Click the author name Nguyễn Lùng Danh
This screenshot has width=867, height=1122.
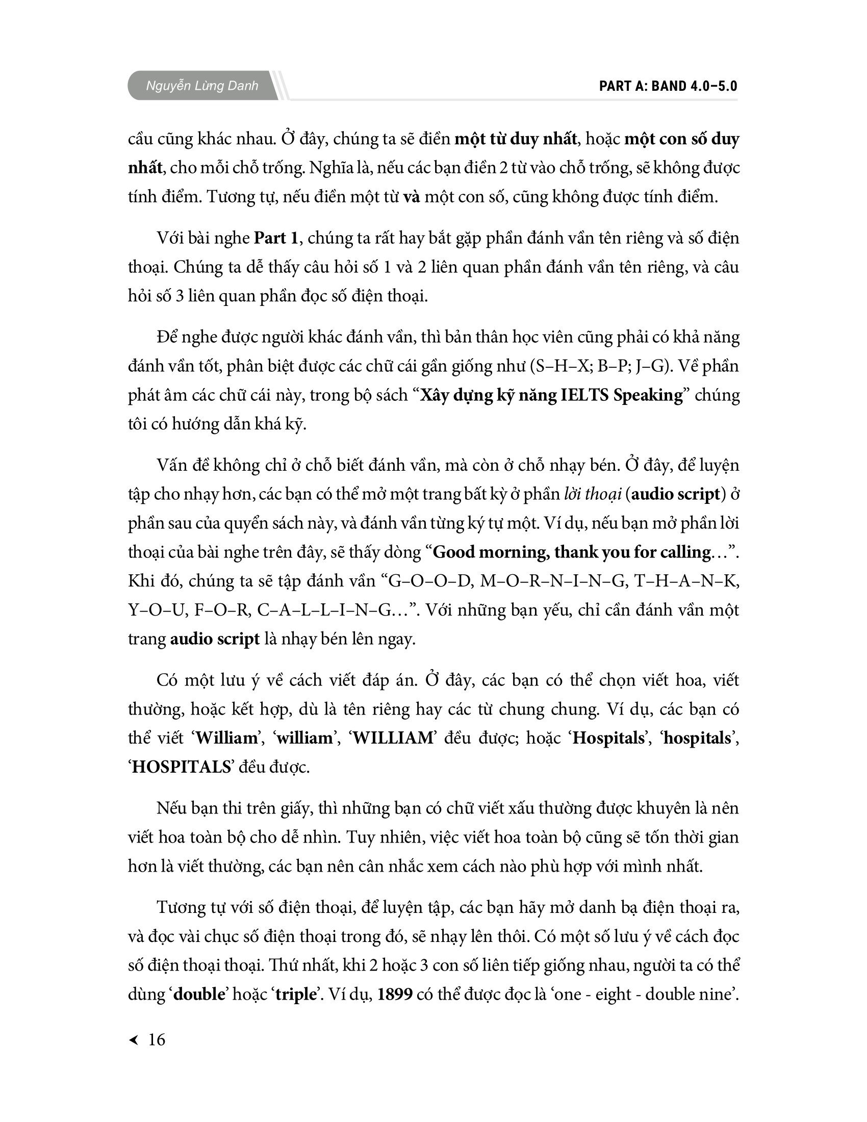pos(202,86)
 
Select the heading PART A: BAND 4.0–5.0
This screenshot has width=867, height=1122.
pos(668,86)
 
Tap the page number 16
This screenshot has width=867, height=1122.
pos(157,1039)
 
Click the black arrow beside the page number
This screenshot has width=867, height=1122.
pos(134,1040)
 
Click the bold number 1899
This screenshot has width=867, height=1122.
pos(394,994)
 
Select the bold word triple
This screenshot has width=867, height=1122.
pos(295,994)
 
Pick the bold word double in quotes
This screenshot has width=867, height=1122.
pos(200,994)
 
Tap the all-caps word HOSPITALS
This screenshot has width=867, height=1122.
pos(181,767)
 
